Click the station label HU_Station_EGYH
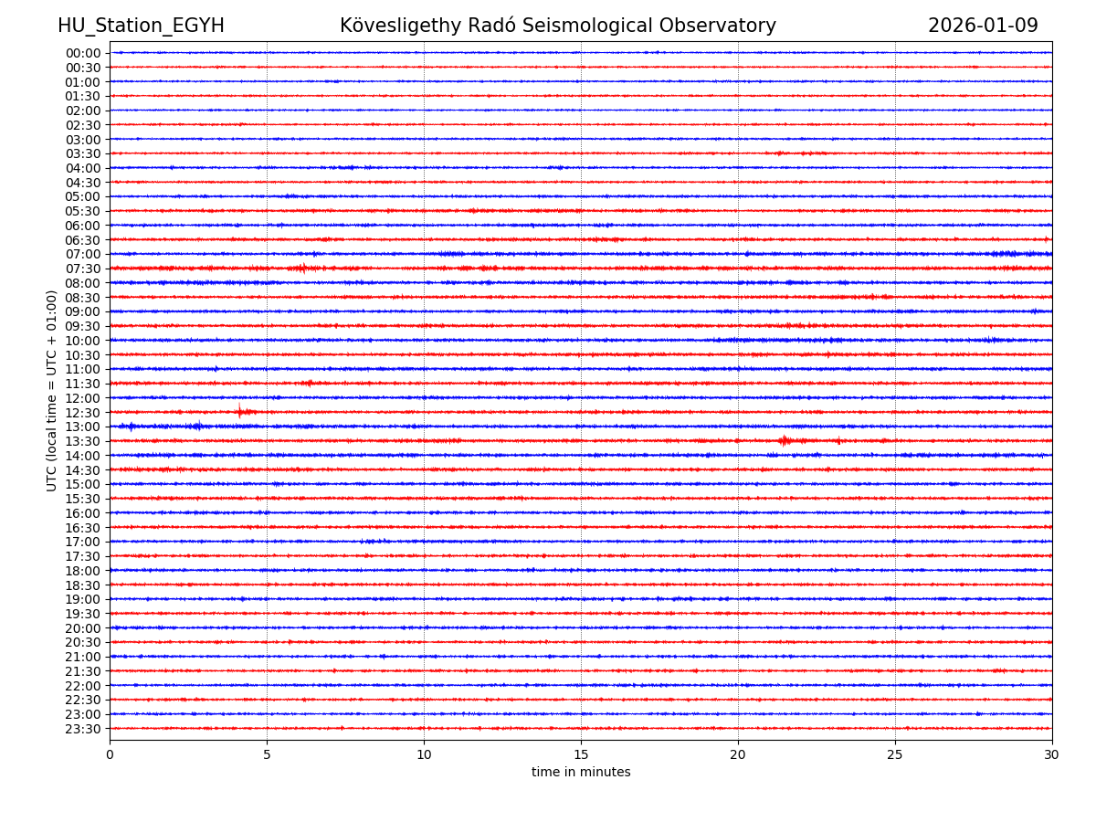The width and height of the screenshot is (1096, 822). click(x=141, y=26)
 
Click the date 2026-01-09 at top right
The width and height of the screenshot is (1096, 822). click(x=983, y=26)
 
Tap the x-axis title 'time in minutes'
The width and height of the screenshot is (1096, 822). click(x=581, y=773)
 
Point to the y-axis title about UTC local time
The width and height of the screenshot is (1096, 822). click(x=52, y=390)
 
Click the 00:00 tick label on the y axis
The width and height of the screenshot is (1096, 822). click(x=83, y=53)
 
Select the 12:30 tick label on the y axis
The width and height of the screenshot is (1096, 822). click(x=83, y=413)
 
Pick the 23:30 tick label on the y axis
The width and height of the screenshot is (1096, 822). click(x=83, y=729)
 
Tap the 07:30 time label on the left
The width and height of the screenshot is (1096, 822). click(x=83, y=269)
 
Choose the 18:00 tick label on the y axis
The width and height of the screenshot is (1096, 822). click(x=83, y=571)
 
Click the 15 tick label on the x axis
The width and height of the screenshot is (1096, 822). click(x=581, y=755)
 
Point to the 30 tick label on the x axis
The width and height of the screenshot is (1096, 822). click(x=1052, y=755)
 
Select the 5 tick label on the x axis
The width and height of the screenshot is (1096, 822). click(x=267, y=755)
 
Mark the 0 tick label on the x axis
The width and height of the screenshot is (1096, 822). click(x=110, y=755)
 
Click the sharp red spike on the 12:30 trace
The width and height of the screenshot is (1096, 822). click(x=240, y=412)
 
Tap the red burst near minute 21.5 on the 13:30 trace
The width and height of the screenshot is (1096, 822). click(x=785, y=441)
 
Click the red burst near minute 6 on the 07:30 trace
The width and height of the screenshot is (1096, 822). click(x=301, y=268)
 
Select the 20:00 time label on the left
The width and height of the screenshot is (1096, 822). click(x=83, y=628)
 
